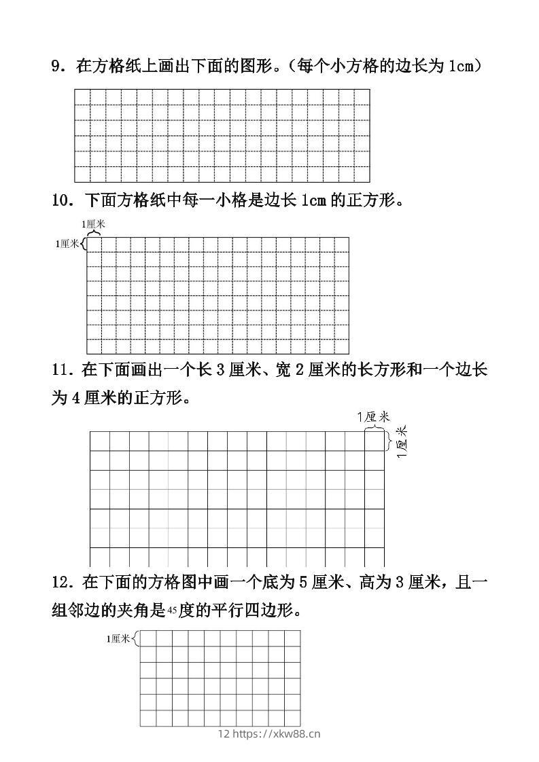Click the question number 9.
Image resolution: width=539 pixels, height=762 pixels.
(56, 66)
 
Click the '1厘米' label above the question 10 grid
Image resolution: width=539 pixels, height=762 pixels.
(93, 223)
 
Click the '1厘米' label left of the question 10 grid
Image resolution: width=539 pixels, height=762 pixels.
(68, 244)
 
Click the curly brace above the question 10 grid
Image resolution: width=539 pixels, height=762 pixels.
(94, 232)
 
